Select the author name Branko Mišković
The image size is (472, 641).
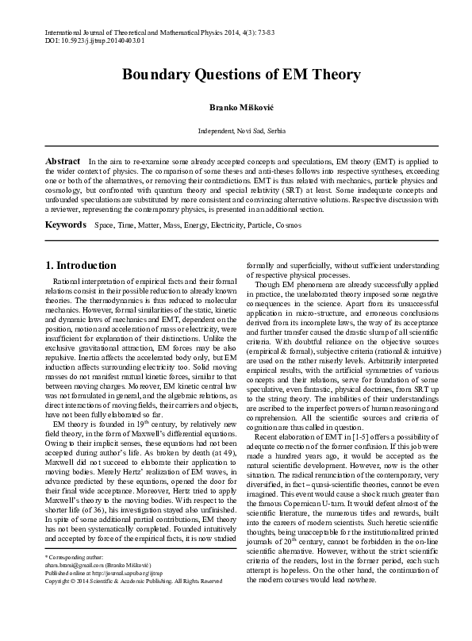coord(236,106)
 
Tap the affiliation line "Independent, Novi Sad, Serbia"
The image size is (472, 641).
coord(236,129)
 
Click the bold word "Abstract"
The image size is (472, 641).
coord(62,161)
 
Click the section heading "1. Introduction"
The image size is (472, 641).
coord(81,265)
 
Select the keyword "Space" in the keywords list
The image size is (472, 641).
coord(104,226)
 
